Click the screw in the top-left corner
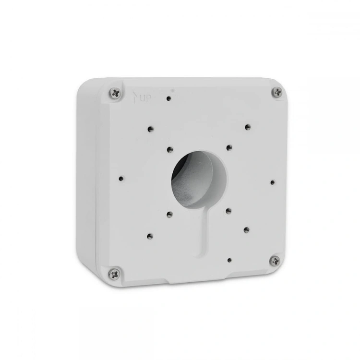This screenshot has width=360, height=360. pyautogui.click(x=116, y=93)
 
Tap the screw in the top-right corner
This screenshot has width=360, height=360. pyautogui.click(x=278, y=92)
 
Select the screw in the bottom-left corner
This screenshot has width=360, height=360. pyautogui.click(x=114, y=274)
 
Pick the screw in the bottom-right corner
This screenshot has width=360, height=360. pyautogui.click(x=275, y=261)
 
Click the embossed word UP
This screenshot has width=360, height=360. pyautogui.click(x=145, y=99)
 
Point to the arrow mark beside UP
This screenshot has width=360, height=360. pyautogui.click(x=135, y=97)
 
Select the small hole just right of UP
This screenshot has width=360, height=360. pyautogui.click(x=169, y=99)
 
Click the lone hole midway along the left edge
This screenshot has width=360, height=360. pyautogui.click(x=121, y=179)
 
